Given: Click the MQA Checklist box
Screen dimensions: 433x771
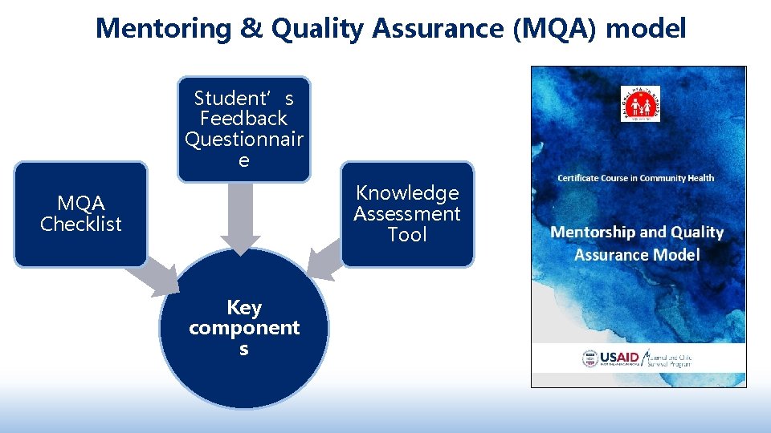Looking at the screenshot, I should (80, 214).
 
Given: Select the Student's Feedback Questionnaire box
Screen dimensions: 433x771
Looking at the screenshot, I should (243, 129).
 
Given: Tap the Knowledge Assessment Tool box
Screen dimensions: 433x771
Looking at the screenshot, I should (407, 214).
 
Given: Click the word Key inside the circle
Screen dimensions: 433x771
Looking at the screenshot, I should (243, 308).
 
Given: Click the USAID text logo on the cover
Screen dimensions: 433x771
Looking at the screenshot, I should (620, 358).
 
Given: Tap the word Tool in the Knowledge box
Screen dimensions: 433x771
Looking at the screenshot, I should (407, 235).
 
